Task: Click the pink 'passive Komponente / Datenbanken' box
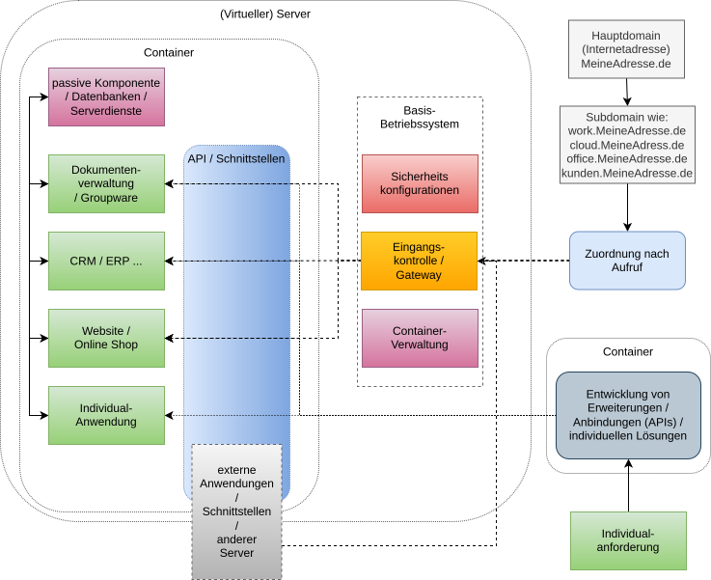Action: point(106,97)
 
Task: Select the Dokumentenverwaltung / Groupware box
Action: point(106,183)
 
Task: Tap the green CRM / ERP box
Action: point(106,261)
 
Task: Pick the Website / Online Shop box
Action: point(106,338)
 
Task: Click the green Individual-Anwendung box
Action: point(106,415)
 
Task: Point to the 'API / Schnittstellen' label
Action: point(237,158)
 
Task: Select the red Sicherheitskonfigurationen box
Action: point(419,183)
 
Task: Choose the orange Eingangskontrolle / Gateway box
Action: point(419,261)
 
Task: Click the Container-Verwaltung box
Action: point(419,338)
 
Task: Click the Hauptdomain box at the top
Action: point(626,49)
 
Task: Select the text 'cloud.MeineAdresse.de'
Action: point(627,145)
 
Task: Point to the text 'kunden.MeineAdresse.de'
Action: point(627,174)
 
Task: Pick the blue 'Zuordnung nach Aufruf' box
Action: point(627,261)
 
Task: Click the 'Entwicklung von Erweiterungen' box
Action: point(628,415)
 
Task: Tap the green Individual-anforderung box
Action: point(628,540)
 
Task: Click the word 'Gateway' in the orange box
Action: point(419,275)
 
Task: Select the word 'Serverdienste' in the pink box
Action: point(106,111)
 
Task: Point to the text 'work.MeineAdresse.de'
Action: point(627,130)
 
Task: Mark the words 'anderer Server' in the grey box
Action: point(236,546)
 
